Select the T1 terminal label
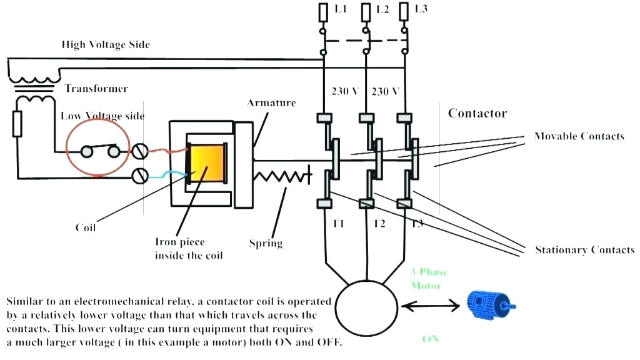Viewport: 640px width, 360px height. pos(338,224)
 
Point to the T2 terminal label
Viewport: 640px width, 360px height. pos(379,224)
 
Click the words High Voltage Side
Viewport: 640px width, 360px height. pos(106,45)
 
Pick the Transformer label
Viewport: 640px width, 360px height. pos(96,89)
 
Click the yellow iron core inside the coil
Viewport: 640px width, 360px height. pos(207,163)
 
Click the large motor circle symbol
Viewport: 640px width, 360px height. pos(366,306)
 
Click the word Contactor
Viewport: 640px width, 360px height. pos(477,114)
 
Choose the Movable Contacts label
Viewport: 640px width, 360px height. pos(579,136)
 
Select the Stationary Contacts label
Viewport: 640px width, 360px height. pos(584,250)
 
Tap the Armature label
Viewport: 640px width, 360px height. pos(271,102)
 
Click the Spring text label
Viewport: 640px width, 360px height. pos(266,243)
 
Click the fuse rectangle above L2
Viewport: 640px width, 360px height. pos(364,11)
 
